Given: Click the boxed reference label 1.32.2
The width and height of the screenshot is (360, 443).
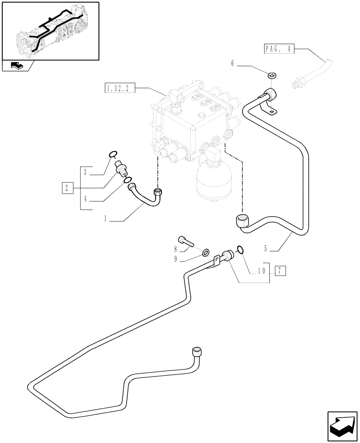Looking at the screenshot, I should (117, 89).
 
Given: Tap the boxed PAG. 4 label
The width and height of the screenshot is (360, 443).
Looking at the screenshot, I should (279, 49).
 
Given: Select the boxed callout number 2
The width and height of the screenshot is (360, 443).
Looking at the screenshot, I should (67, 188).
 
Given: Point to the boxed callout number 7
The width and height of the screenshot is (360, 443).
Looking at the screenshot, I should (280, 270).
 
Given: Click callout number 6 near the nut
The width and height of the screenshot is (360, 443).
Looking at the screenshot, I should (232, 64).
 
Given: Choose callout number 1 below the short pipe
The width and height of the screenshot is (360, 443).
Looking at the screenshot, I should (105, 218).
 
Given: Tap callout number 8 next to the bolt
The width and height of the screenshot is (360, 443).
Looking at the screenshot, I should (176, 249).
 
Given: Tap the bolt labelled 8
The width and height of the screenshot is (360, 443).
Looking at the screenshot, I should (187, 242).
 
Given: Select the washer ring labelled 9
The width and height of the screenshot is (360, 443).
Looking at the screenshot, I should (206, 253).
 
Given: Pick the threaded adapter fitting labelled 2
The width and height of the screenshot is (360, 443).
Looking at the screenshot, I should (121, 169).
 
